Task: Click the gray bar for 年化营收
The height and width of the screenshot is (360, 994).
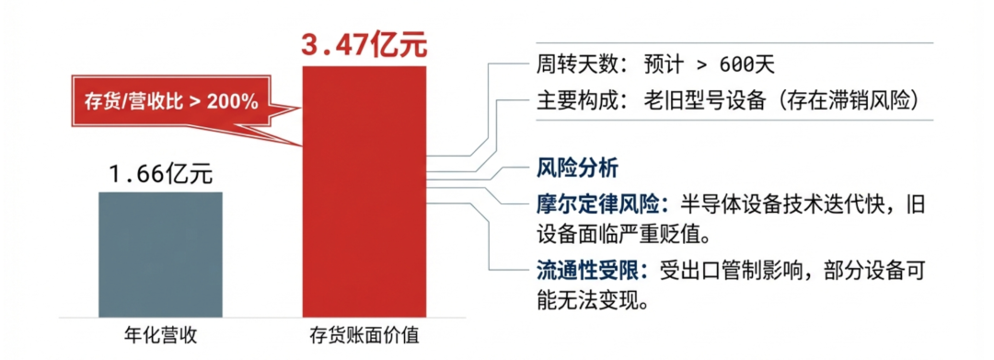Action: [x=160, y=255]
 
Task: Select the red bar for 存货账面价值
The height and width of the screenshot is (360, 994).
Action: [x=365, y=203]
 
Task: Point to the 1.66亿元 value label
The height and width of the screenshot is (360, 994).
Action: [x=160, y=173]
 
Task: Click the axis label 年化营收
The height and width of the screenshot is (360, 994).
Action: [x=160, y=336]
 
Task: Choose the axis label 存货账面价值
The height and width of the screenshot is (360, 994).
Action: [x=365, y=336]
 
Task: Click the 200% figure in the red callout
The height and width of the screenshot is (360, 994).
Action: [x=233, y=99]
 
